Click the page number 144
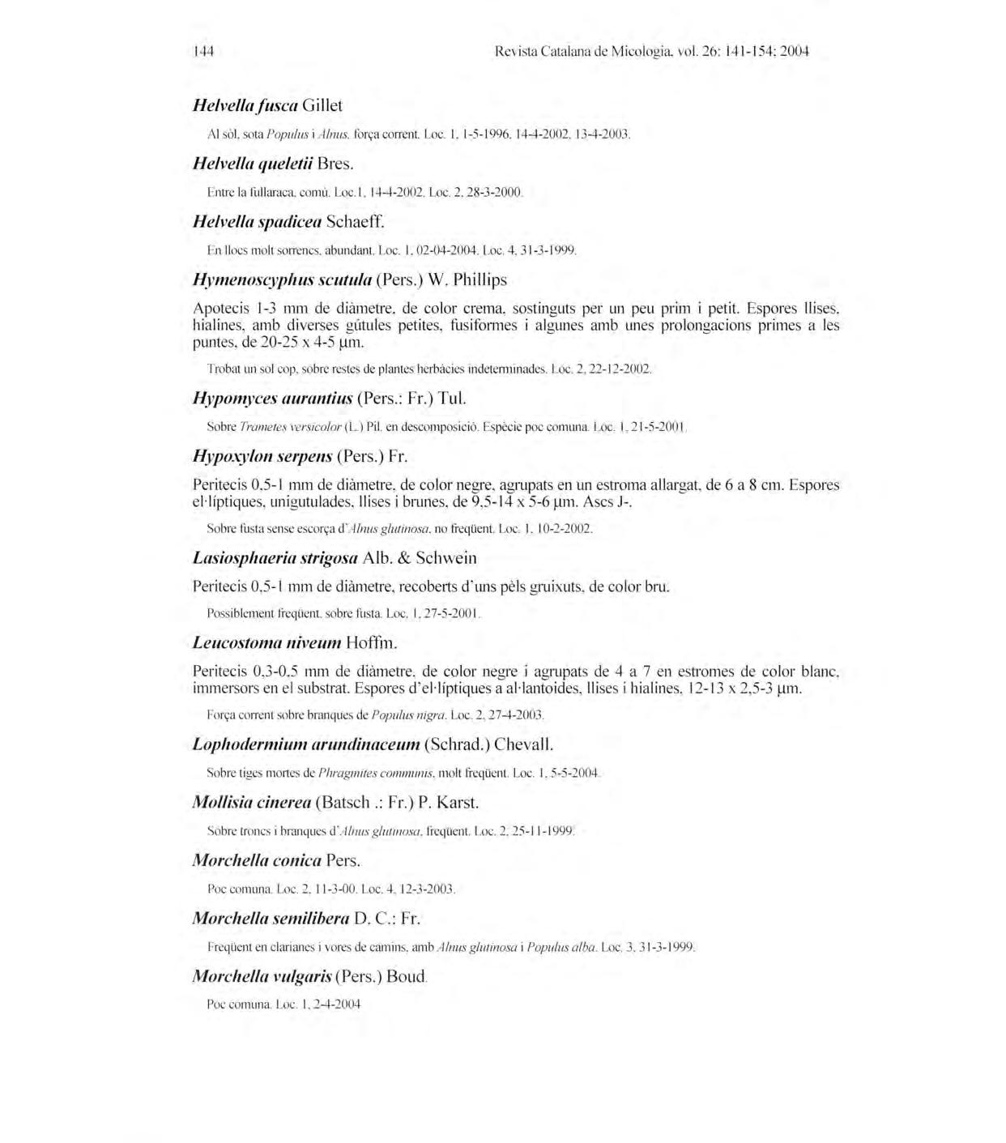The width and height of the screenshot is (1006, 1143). coord(202,52)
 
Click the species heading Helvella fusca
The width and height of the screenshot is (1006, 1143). coord(244,105)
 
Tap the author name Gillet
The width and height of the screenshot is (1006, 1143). coord(322,105)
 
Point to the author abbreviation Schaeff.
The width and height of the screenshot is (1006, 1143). coord(355,221)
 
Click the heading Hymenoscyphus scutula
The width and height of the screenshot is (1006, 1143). coord(281,279)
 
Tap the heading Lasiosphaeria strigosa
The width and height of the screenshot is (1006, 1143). coord(275,558)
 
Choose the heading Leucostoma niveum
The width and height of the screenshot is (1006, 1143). coord(266,643)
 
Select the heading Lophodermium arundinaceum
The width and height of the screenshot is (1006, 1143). coord(306,744)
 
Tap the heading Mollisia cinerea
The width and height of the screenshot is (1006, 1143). coord(252,803)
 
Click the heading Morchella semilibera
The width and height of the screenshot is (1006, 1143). coord(271,919)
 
